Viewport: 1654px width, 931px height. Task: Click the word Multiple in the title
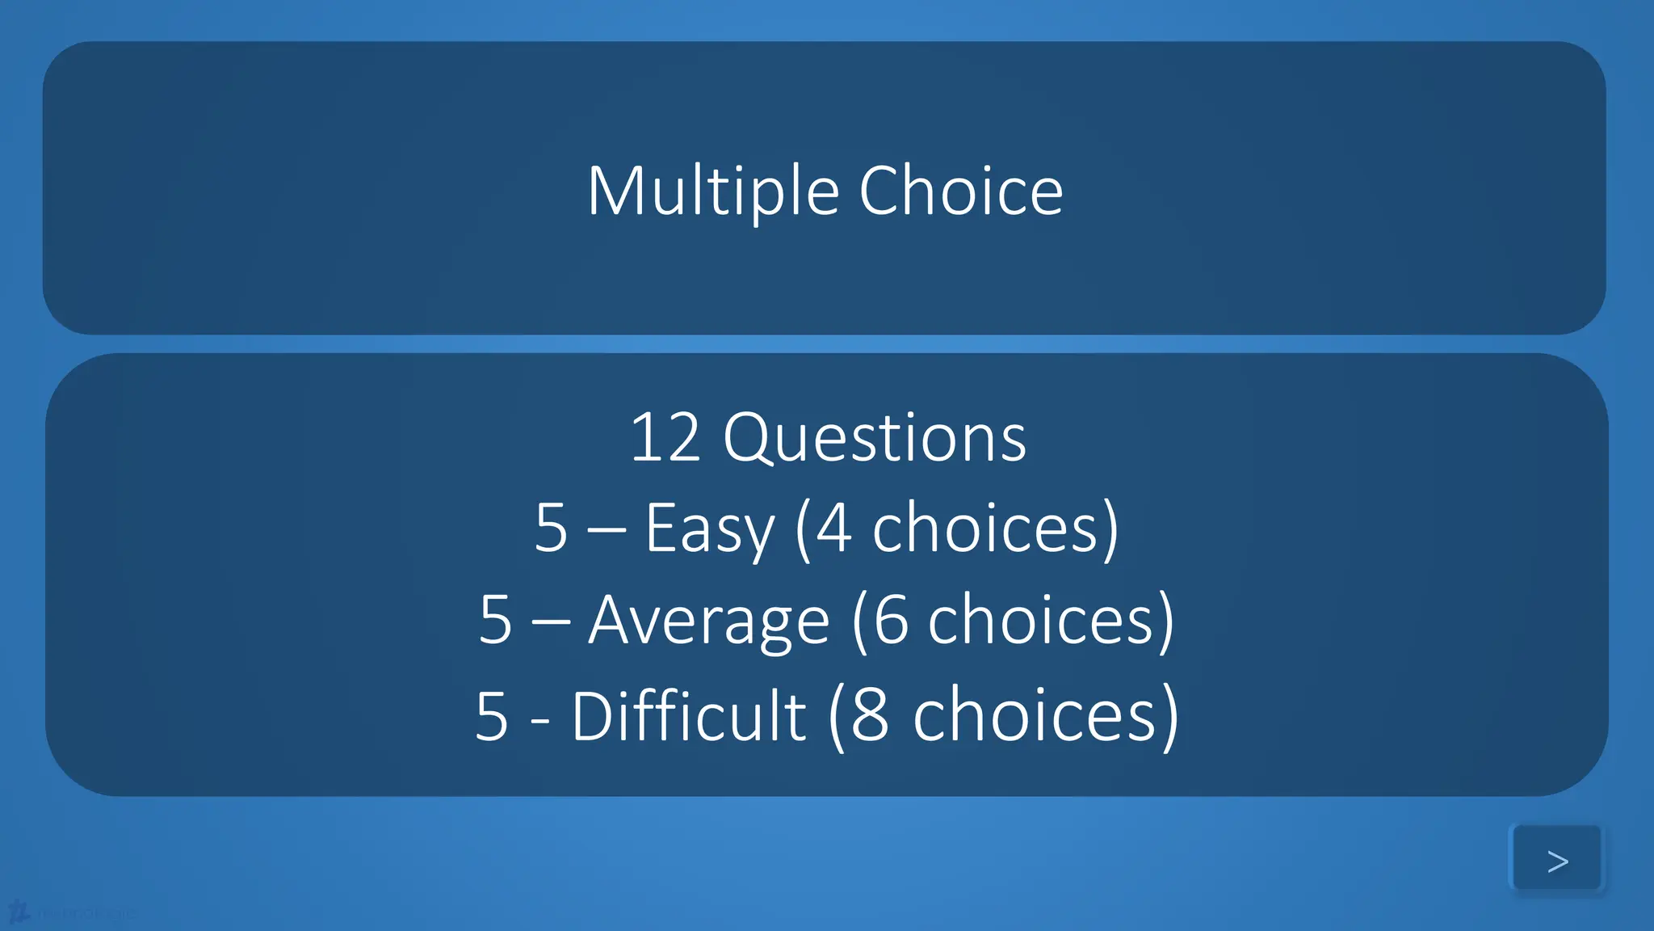(x=712, y=192)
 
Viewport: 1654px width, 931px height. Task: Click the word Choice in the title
(x=960, y=192)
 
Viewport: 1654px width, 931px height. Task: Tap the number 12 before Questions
(x=664, y=437)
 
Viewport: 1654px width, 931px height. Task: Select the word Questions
(x=874, y=439)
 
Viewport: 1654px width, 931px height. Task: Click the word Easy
(x=709, y=529)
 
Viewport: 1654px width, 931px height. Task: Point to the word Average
(x=708, y=621)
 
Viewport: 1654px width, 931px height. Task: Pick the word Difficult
(x=688, y=716)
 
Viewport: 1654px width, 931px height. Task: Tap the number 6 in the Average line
(x=891, y=620)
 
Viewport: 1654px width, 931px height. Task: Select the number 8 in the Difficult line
(x=870, y=716)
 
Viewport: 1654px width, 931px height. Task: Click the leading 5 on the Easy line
(x=551, y=529)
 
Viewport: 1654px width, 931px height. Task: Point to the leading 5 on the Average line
(x=495, y=621)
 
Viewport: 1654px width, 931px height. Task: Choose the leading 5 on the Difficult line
(x=491, y=716)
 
